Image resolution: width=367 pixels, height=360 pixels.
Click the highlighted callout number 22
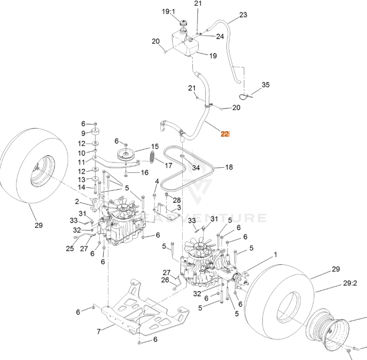[225, 134]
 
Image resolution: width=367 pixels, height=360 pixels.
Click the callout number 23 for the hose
[243, 15]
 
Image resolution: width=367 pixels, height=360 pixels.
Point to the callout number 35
[265, 85]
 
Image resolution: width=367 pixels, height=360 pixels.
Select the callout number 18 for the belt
[229, 168]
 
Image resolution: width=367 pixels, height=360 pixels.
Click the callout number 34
[196, 168]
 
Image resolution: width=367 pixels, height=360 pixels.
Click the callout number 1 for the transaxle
[275, 255]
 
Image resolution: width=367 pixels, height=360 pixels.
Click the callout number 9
[84, 133]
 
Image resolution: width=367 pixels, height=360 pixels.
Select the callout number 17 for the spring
[168, 165]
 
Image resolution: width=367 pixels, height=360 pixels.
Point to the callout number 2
[77, 202]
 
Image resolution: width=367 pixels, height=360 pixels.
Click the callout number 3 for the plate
[179, 207]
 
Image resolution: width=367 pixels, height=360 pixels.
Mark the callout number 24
[220, 37]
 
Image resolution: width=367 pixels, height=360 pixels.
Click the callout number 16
[144, 173]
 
